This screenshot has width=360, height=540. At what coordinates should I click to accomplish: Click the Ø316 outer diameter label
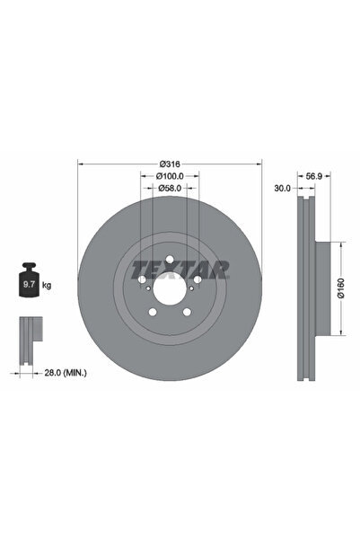coord(171,163)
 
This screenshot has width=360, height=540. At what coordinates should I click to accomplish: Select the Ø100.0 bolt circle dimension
coord(171,176)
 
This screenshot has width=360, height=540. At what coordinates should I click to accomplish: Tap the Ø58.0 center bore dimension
coord(171,189)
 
